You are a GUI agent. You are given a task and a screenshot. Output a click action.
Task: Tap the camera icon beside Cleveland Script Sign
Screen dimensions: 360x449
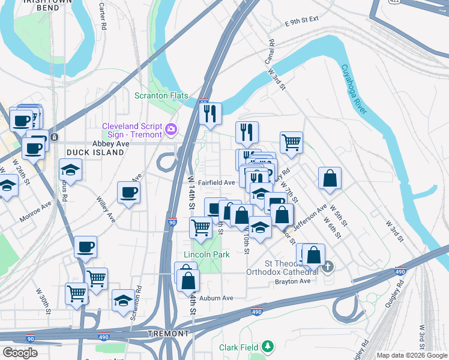point(171,129)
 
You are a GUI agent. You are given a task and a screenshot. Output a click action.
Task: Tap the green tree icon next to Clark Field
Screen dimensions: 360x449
point(267,346)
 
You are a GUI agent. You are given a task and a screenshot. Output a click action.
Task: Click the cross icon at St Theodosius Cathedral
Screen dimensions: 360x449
point(328,266)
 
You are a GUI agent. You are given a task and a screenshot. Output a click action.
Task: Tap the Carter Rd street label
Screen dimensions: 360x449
point(102,19)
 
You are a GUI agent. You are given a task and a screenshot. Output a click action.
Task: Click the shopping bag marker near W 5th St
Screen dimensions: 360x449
point(330,178)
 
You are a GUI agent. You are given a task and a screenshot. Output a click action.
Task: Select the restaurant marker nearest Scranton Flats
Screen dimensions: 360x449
point(210,113)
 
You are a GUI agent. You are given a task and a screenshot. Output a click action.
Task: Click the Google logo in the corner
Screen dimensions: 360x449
point(20,353)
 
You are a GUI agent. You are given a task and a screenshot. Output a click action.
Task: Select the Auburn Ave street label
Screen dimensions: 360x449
point(216,298)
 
